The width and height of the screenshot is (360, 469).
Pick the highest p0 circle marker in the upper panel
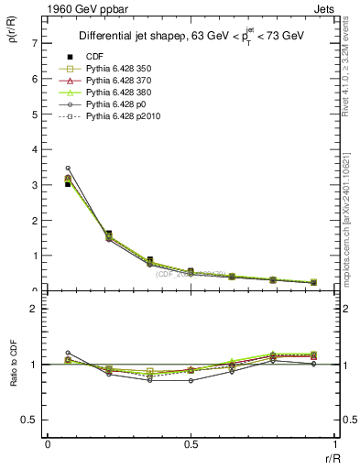pyautogui.click(x=68, y=169)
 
